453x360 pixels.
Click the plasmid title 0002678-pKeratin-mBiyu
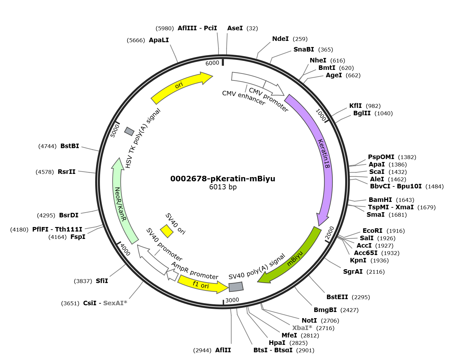[223, 179]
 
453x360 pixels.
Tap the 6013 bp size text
[223, 187]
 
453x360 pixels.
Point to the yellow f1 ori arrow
[202, 285]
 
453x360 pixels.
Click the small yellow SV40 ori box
[167, 231]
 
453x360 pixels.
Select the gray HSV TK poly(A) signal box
[129, 131]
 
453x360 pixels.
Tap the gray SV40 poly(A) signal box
[236, 287]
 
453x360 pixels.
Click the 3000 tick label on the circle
[232, 300]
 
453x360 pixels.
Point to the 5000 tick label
[115, 131]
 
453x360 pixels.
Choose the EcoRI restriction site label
[372, 231]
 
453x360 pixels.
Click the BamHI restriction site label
[380, 200]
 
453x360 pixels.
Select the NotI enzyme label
[309, 320]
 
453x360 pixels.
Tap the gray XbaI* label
[302, 328]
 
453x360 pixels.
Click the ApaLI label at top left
[159, 40]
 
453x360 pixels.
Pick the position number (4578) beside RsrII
[45, 172]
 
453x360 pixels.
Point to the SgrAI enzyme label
[353, 271]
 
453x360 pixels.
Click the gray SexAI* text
[115, 303]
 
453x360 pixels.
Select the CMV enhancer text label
[244, 98]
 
